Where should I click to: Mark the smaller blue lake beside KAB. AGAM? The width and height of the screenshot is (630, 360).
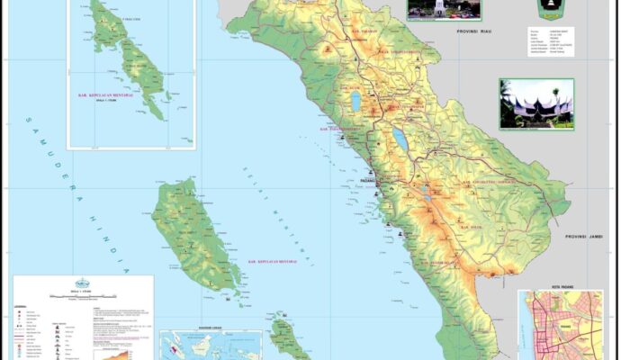(356, 102)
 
